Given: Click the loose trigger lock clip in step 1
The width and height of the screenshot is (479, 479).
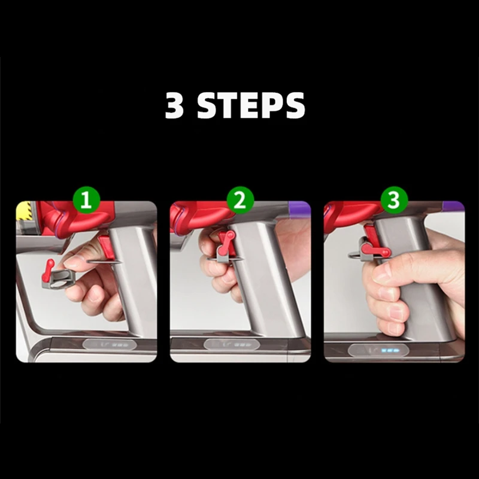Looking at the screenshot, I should (x=57, y=275).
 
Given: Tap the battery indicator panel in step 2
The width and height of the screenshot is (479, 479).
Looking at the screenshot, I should (x=232, y=345).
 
